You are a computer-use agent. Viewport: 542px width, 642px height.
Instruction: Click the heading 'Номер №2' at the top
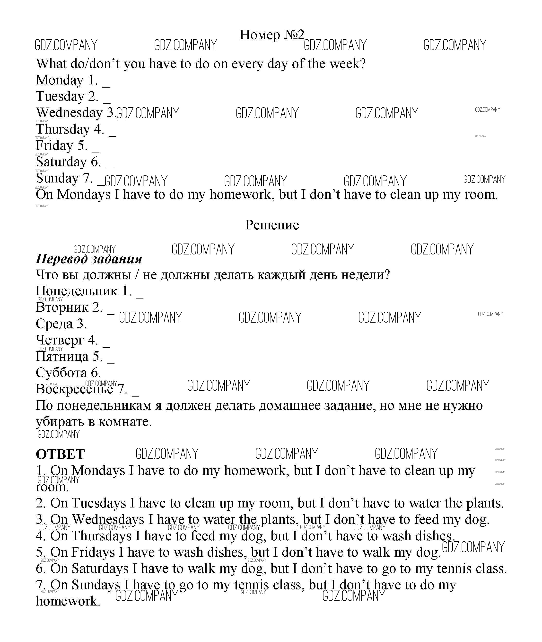(272, 35)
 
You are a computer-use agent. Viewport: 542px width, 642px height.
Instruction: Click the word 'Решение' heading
(272, 225)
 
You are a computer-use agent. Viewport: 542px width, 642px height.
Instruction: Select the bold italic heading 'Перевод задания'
(89, 259)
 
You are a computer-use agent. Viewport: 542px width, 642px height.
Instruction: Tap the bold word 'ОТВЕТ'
(60, 454)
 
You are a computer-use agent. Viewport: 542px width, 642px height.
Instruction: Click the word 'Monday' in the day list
(60, 80)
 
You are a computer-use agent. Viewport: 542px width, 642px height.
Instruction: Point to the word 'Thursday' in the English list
(63, 129)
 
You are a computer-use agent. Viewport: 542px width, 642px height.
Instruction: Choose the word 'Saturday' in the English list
(61, 162)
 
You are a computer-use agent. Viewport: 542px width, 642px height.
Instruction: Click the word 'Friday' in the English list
(54, 145)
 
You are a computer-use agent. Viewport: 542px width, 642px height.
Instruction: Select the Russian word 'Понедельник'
(77, 291)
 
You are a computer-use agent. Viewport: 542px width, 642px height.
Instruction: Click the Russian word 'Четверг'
(60, 340)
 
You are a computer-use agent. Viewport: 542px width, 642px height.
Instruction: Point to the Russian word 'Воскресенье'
(74, 389)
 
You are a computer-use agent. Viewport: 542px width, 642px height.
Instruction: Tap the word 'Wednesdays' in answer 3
(108, 520)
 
